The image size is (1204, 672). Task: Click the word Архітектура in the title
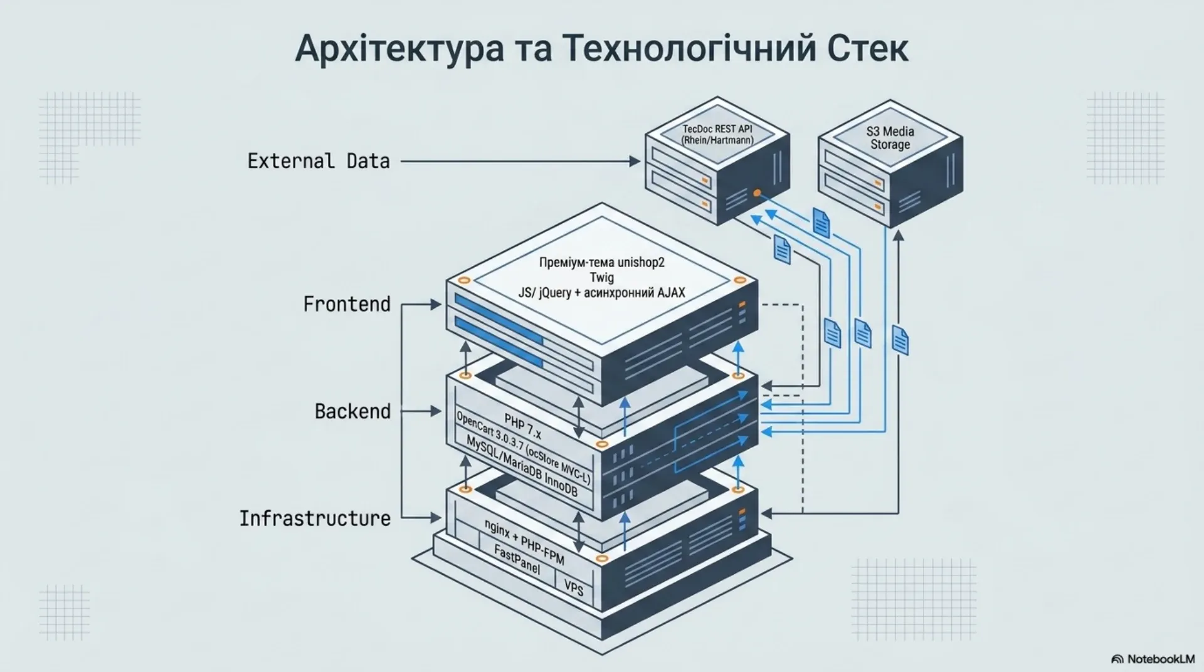click(399, 48)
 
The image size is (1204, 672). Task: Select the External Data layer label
click(319, 161)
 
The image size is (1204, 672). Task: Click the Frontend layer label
click(347, 304)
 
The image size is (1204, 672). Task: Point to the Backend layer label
click(352, 411)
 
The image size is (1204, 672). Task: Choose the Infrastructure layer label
click(315, 518)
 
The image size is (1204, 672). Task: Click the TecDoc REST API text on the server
click(717, 129)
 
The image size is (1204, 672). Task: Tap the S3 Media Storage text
click(890, 138)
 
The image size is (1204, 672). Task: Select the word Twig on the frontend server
click(601, 277)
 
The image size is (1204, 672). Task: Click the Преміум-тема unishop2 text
click(601, 263)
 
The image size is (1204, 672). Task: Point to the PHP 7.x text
click(522, 426)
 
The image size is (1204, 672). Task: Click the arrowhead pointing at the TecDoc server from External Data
click(635, 161)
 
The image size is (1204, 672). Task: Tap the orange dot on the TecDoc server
click(757, 192)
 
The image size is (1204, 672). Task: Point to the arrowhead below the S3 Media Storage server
click(898, 235)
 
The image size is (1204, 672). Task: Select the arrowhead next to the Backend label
click(436, 411)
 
